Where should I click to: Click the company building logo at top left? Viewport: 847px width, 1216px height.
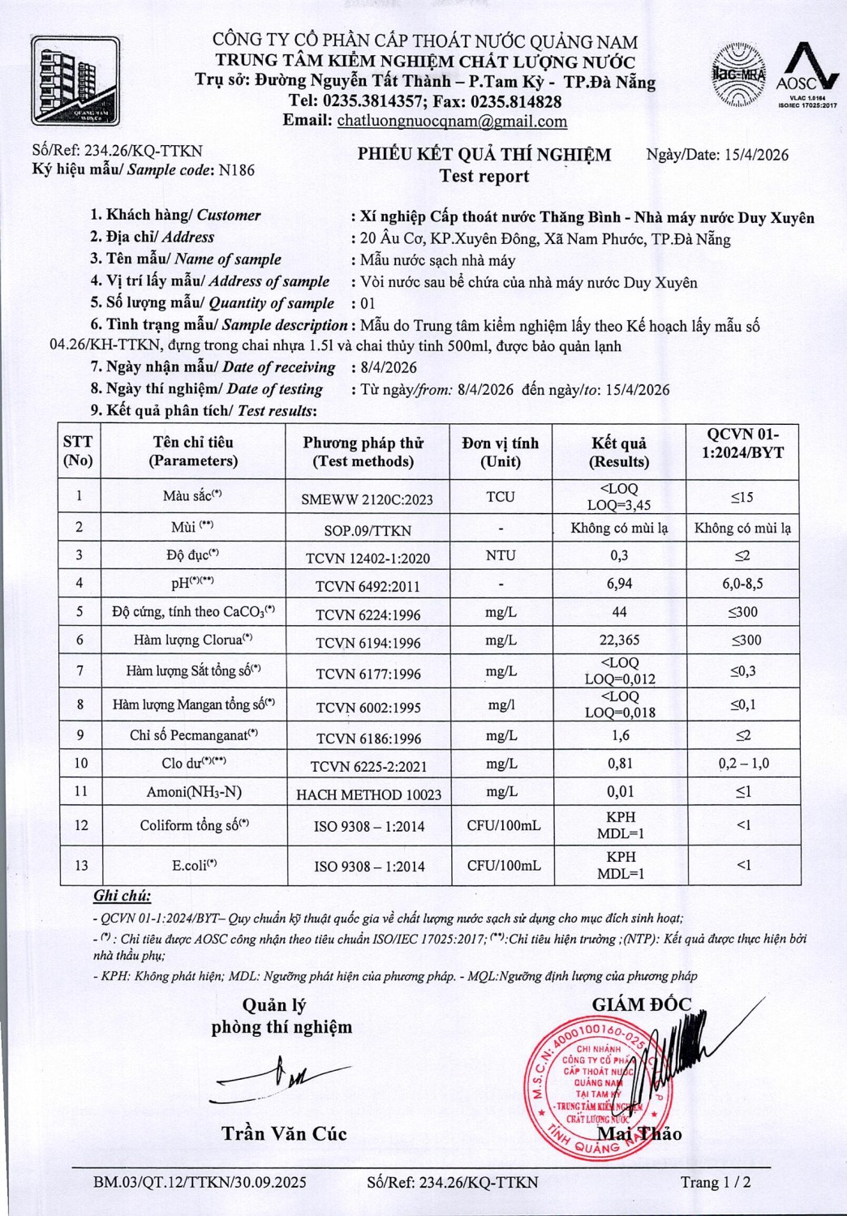click(75, 81)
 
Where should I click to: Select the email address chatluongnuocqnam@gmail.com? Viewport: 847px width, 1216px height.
click(452, 122)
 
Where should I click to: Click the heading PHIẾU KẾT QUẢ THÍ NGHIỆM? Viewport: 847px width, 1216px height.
click(484, 155)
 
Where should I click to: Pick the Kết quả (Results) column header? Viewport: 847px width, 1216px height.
click(619, 452)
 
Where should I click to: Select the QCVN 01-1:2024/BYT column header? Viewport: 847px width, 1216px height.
click(742, 443)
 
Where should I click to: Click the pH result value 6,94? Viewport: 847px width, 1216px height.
click(619, 584)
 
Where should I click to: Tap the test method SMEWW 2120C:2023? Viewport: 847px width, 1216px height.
click(367, 499)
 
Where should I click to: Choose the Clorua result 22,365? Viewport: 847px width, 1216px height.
click(619, 640)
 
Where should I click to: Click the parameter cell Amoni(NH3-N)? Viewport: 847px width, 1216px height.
click(194, 792)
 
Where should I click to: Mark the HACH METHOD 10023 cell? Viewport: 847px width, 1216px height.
click(368, 794)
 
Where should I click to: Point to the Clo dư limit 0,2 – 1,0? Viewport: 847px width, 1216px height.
click(743, 764)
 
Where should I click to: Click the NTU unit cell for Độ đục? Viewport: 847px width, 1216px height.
click(501, 555)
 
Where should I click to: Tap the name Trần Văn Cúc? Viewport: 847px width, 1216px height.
click(284, 1133)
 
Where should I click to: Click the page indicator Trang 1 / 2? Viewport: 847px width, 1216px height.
click(716, 1182)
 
